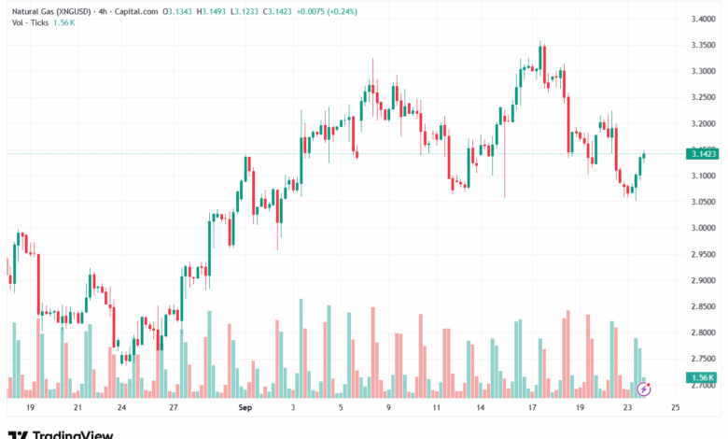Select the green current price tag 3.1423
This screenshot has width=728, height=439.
pos(702,153)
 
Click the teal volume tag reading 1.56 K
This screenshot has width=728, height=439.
pos(702,377)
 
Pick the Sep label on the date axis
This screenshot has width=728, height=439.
pos(245,408)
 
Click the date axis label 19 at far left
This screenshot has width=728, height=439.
pos(30,408)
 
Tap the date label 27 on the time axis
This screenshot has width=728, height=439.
pos(174,408)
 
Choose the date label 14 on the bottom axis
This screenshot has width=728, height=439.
pos(480,408)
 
